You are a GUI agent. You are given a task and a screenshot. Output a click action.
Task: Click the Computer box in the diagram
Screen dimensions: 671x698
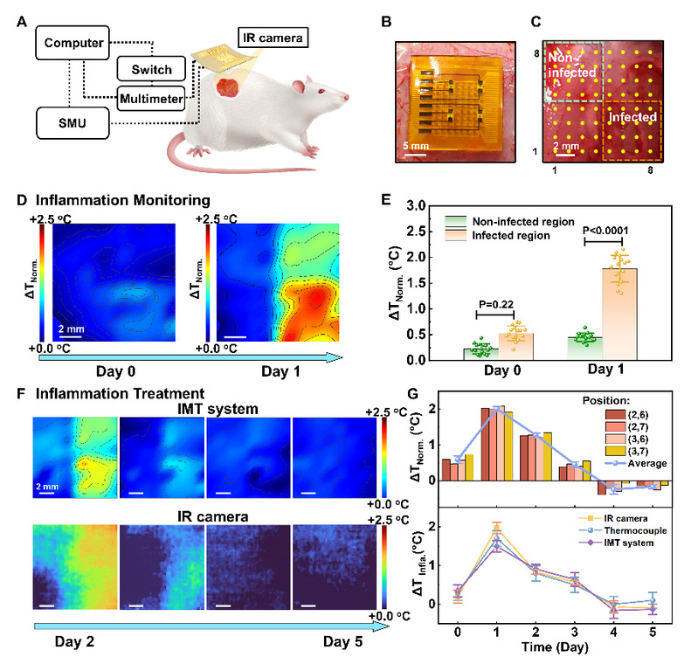(x=73, y=41)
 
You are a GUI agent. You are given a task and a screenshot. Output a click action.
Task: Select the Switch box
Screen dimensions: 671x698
(x=150, y=69)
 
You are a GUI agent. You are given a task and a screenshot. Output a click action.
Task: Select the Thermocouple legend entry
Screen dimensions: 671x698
(x=621, y=530)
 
